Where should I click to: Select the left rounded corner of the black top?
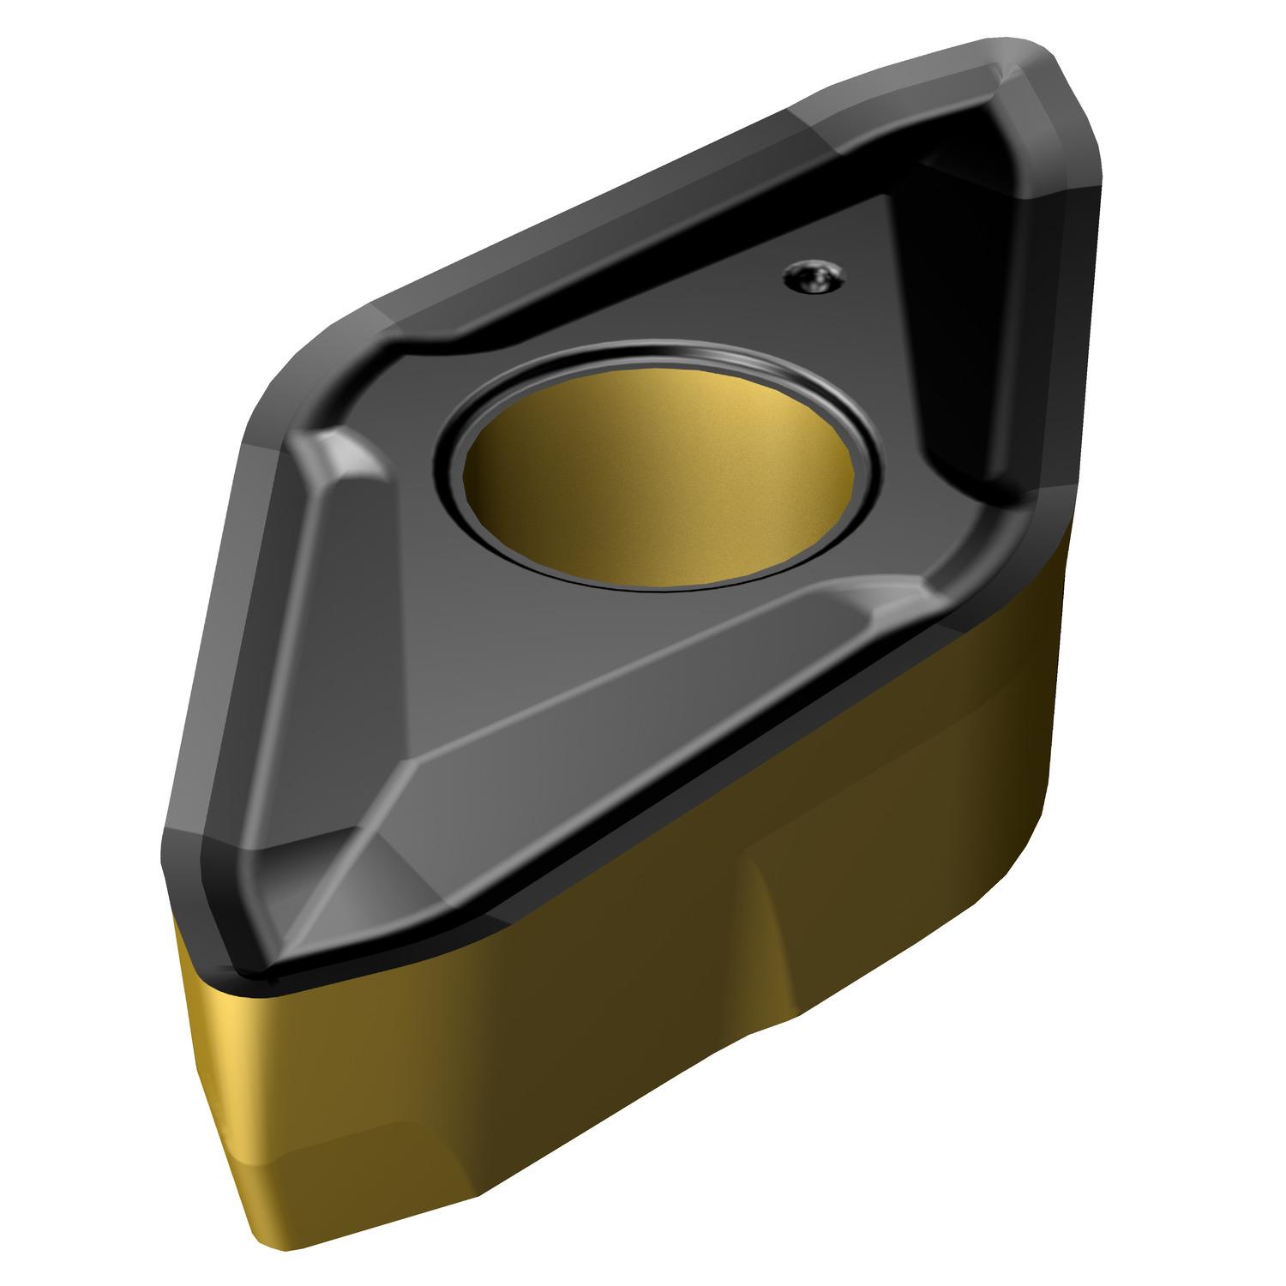283,403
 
